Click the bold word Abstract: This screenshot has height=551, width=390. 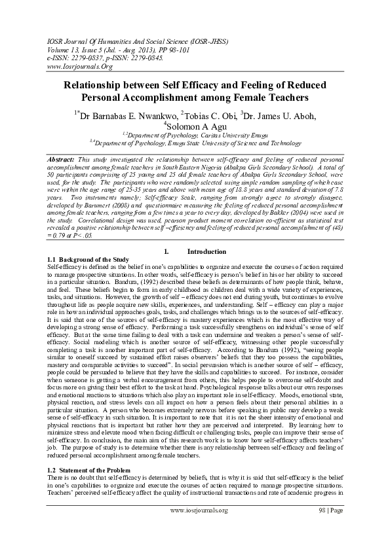click(x=63, y=159)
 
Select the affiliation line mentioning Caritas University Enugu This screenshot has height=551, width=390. click(x=195, y=134)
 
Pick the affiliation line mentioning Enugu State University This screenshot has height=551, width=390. click(x=195, y=142)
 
